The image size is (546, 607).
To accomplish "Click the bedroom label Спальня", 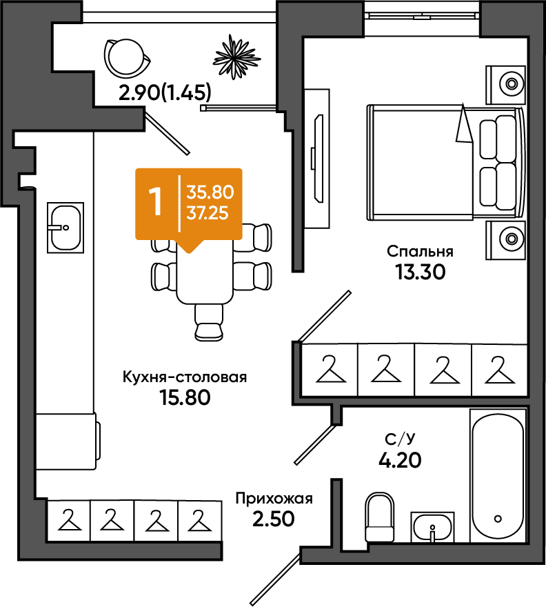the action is [420, 252].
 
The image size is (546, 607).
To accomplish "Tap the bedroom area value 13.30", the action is [421, 272].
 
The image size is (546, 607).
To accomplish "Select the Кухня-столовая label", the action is [185, 377].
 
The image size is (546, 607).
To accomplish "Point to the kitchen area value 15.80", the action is [185, 397].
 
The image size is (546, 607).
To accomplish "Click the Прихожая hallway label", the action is [274, 499].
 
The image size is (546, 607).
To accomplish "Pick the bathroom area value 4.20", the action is [400, 460].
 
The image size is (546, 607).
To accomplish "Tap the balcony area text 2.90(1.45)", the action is [165, 92].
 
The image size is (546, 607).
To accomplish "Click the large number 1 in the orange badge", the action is [156, 201].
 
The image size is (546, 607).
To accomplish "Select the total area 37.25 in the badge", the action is [208, 213].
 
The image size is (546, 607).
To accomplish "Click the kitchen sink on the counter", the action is [65, 228].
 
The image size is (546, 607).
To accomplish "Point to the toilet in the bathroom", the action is [380, 517].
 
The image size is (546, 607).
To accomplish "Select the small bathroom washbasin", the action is [432, 527].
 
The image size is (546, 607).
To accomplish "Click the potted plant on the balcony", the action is [236, 57].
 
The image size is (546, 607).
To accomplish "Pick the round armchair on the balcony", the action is [126, 57].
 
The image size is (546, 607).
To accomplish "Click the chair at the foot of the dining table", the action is [209, 323].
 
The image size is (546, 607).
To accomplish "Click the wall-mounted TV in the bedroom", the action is [318, 159].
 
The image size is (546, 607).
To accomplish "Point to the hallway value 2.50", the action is [274, 519].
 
